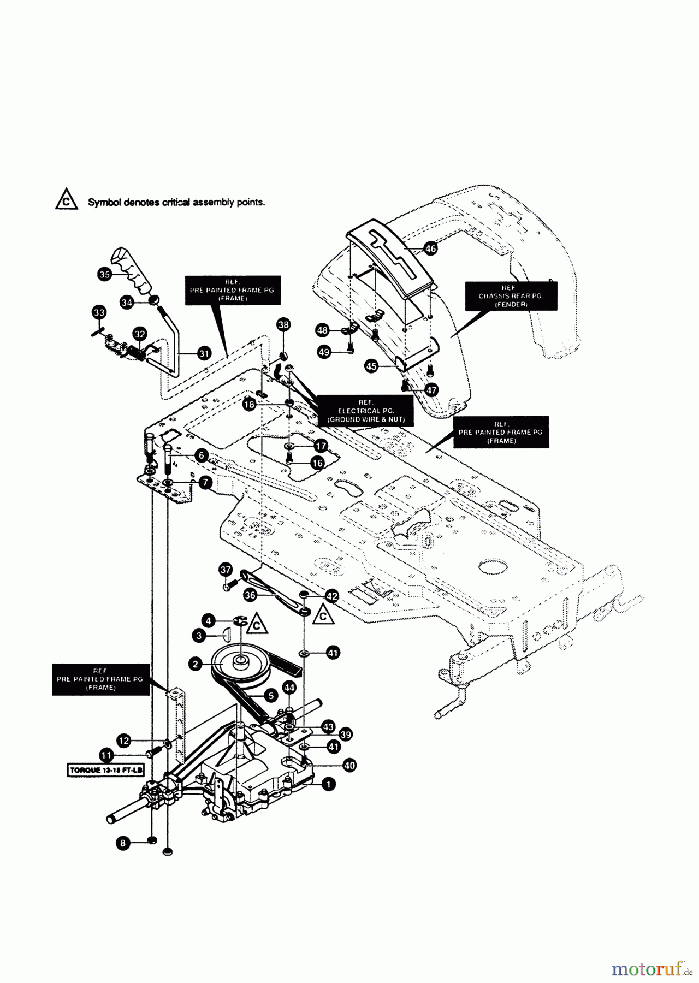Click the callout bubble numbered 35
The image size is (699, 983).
104,274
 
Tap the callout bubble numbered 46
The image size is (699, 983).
430,248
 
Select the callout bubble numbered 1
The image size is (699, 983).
328,784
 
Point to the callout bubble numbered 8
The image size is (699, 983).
123,843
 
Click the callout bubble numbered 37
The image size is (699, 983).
226,570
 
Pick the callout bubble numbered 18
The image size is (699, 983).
250,405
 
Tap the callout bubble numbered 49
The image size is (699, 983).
324,352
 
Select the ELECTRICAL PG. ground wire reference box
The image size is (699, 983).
366,411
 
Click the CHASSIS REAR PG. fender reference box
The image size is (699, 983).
511,296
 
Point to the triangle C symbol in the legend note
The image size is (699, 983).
66,200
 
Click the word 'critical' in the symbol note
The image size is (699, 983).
176,202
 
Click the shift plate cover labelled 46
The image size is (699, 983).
390,257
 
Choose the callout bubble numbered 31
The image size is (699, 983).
204,353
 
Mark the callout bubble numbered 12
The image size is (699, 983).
124,741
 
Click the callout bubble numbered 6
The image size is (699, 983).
202,455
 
